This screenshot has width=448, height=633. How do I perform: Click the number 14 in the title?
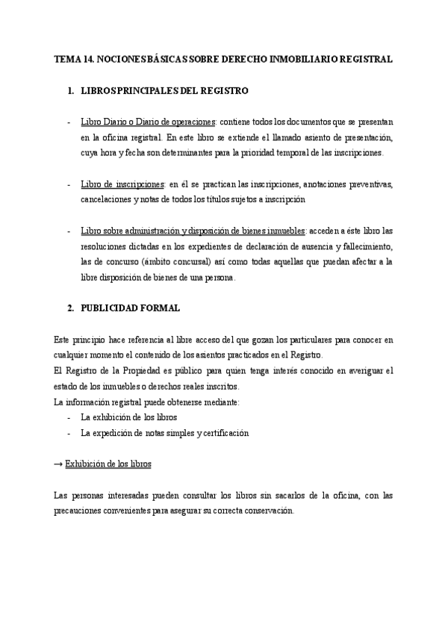tap(88, 58)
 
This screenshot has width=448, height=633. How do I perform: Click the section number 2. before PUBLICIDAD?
tap(71, 308)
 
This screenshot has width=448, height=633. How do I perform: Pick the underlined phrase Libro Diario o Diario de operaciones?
tap(148, 122)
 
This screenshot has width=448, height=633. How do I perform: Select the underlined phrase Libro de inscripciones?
tap(122, 184)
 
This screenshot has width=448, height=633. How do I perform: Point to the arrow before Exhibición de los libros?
tap(58, 464)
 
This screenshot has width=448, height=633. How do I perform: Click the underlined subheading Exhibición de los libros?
tap(108, 464)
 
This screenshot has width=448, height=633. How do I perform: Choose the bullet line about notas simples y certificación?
tap(165, 433)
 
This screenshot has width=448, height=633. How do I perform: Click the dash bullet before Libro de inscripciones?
tap(69, 184)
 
